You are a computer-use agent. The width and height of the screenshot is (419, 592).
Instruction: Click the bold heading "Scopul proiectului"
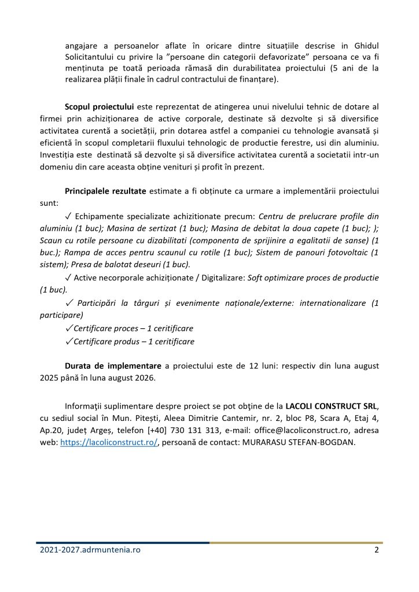(100, 107)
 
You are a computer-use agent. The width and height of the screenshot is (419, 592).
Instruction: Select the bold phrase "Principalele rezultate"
(106, 191)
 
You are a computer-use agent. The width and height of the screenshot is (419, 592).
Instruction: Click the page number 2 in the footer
(376, 550)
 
